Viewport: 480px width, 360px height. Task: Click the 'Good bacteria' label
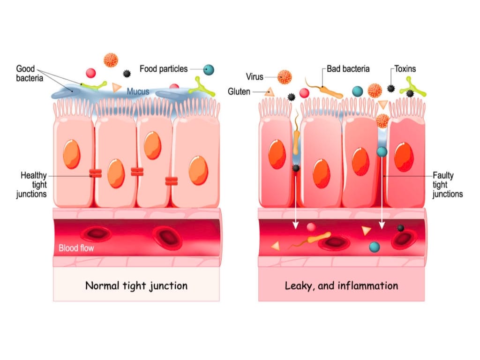(30, 74)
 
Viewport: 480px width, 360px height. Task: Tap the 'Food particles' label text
(164, 69)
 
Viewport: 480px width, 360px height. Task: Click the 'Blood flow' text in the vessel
(76, 248)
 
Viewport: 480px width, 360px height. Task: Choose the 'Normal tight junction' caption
(136, 285)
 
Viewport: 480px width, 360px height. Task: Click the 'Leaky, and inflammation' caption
(341, 285)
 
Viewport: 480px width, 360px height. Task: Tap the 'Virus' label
(255, 77)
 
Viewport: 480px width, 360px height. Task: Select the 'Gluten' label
(239, 91)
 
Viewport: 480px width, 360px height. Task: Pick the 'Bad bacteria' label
(348, 69)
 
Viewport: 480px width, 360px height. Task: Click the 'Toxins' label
(405, 69)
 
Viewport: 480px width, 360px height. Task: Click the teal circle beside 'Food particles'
(209, 70)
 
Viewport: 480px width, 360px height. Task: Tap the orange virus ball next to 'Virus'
(285, 77)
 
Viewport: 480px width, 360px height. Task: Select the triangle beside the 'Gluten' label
(269, 92)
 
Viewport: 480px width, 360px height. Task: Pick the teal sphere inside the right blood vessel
(374, 246)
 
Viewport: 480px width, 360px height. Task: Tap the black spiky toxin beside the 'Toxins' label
(391, 88)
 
